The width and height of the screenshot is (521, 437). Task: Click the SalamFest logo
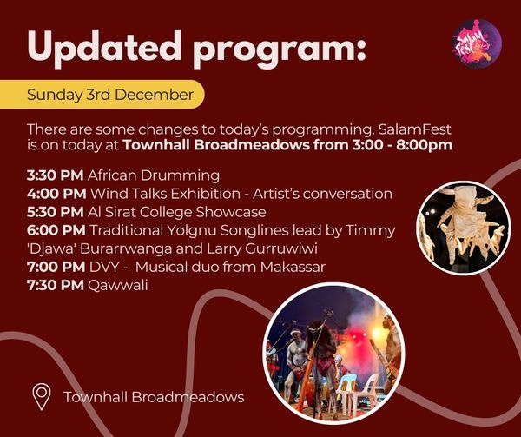(x=477, y=43)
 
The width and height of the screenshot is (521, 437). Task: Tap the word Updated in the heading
(x=104, y=48)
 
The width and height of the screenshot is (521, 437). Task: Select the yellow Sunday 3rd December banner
(x=102, y=95)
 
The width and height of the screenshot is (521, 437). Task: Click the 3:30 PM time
(x=56, y=175)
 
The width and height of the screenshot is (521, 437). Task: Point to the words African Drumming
(x=154, y=175)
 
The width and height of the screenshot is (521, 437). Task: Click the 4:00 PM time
(x=56, y=194)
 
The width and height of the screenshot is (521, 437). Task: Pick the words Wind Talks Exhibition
(x=165, y=194)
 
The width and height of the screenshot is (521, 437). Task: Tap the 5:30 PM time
(x=56, y=212)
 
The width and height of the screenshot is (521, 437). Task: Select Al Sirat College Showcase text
(x=177, y=212)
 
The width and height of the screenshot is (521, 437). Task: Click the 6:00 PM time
(x=56, y=230)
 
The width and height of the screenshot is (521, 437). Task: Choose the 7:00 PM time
(x=56, y=267)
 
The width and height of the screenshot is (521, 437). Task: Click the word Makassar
(x=293, y=267)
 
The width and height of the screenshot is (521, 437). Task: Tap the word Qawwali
(x=117, y=286)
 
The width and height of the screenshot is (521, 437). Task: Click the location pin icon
(x=42, y=396)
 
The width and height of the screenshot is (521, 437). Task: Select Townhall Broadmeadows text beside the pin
(x=154, y=397)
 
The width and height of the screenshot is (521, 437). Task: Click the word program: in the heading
(x=280, y=50)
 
